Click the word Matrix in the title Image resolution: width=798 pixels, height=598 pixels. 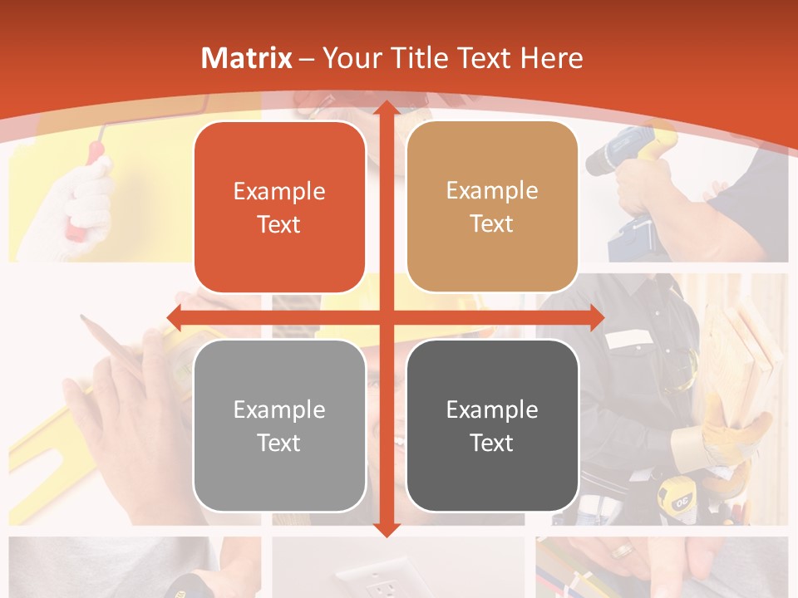247,58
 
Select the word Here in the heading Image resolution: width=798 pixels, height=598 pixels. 551,58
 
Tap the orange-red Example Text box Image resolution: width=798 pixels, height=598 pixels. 279,208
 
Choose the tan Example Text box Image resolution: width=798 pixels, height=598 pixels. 492,207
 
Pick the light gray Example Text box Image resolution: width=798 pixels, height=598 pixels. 279,425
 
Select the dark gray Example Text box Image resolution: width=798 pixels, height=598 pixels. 492,425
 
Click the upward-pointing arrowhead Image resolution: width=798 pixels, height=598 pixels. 385,109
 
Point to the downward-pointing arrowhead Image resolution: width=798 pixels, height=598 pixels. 385,529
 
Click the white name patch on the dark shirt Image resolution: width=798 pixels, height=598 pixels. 629,339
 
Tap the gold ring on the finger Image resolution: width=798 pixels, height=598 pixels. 621,550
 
